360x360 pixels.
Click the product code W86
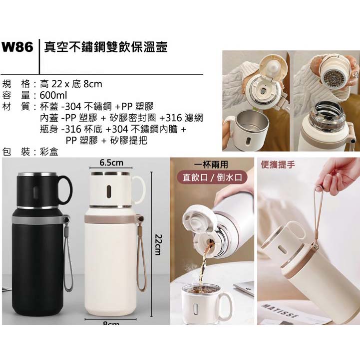click(x=17, y=48)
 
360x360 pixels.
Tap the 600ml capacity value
click(x=53, y=95)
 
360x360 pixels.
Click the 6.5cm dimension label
click(x=111, y=163)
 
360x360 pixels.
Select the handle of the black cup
click(x=68, y=190)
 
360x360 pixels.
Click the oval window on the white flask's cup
click(x=110, y=191)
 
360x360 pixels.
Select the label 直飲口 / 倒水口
click(x=212, y=177)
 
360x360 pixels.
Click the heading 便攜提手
click(x=278, y=165)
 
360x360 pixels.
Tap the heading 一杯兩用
click(x=211, y=165)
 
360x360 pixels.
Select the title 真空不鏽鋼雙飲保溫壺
click(x=106, y=47)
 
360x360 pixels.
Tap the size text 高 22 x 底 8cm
click(x=71, y=84)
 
